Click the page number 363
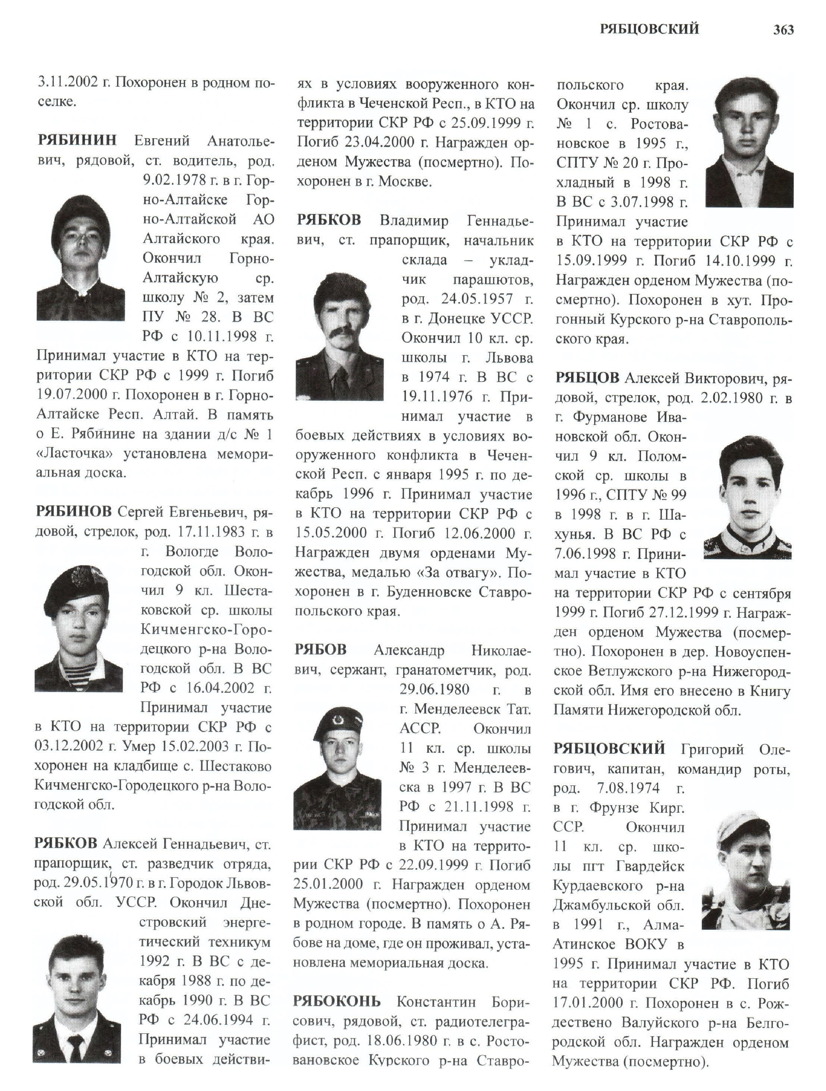pos(783,30)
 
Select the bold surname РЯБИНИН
pos(77,140)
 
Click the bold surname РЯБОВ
pos(320,650)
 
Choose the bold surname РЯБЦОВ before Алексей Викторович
pos(587,378)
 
